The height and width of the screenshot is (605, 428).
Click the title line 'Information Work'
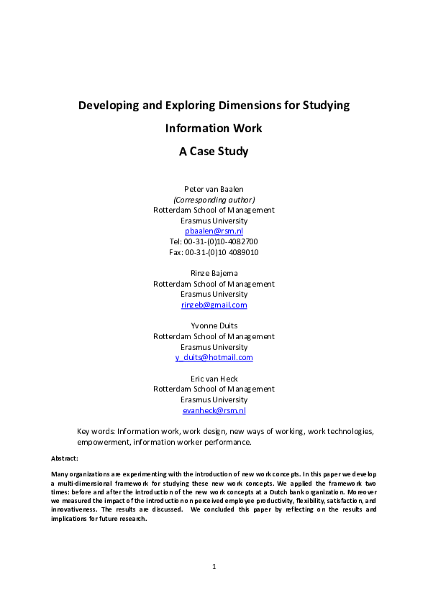pyautogui.click(x=214, y=129)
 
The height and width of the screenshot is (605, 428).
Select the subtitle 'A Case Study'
pyautogui.click(x=214, y=152)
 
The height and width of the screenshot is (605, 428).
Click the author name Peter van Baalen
pyautogui.click(x=214, y=189)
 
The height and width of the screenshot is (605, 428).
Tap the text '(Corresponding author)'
pyautogui.click(x=214, y=200)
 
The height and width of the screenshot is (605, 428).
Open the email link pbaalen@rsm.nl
pyautogui.click(x=214, y=231)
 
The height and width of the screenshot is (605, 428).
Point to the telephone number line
pyautogui.click(x=214, y=242)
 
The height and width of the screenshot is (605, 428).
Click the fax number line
pyautogui.click(x=214, y=252)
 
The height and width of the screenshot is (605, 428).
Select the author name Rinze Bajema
pyautogui.click(x=214, y=273)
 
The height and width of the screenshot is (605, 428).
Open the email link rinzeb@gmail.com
pyautogui.click(x=214, y=305)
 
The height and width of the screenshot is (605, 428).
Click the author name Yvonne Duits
pyautogui.click(x=214, y=326)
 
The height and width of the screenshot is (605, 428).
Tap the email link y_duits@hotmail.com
pyautogui.click(x=214, y=357)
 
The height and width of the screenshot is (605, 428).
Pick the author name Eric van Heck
pyautogui.click(x=214, y=379)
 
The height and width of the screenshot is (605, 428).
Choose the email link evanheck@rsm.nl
pyautogui.click(x=214, y=410)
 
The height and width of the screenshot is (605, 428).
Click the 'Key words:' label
pyautogui.click(x=96, y=431)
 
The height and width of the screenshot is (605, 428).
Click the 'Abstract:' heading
pyautogui.click(x=65, y=458)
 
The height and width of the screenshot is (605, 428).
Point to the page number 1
pyautogui.click(x=214, y=567)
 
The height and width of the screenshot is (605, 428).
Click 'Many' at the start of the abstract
pyautogui.click(x=60, y=474)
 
